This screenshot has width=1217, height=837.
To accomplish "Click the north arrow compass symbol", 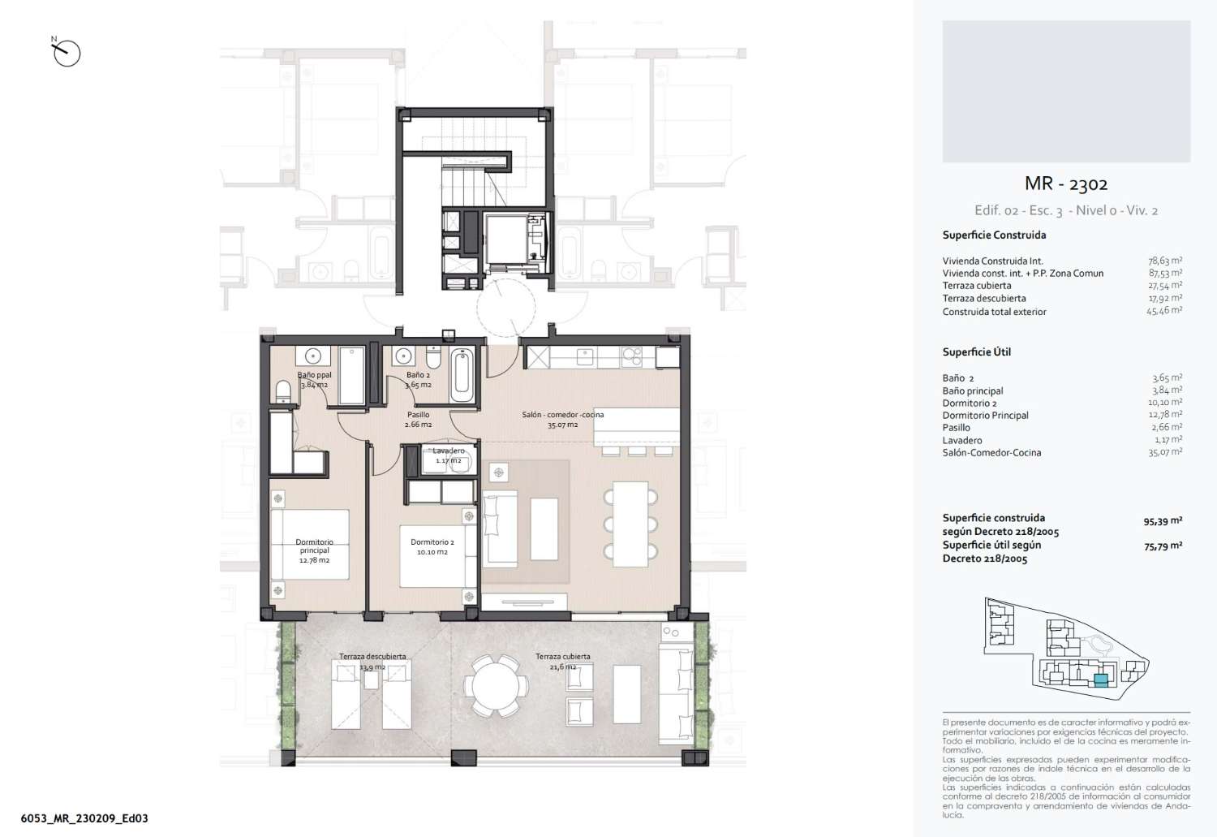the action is [x=67, y=53].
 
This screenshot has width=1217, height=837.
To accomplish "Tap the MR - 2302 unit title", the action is [x=1066, y=183].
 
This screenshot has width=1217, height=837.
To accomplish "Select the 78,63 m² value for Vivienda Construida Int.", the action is [x=1165, y=261].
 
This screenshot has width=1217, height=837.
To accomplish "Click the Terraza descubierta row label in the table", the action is [x=984, y=299].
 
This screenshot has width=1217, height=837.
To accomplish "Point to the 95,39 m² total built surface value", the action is [x=1163, y=521].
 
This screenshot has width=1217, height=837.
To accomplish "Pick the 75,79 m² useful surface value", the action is [x=1163, y=546].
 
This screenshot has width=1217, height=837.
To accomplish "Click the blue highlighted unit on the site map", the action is [x=1101, y=680].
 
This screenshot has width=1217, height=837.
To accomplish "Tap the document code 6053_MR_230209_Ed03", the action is [x=84, y=818].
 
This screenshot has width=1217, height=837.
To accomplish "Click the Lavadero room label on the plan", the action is [x=448, y=451].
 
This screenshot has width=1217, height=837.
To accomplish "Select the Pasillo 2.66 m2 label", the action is [x=419, y=420].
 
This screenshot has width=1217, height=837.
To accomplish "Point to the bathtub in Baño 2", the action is [x=462, y=374].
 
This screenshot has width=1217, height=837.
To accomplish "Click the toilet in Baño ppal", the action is [x=283, y=391].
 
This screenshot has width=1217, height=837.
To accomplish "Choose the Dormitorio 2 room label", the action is [x=432, y=541].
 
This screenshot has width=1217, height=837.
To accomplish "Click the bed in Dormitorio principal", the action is [x=310, y=544].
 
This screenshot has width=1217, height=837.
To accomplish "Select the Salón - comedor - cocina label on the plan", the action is [x=563, y=415].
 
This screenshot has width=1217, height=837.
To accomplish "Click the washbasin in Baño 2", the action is [x=402, y=356].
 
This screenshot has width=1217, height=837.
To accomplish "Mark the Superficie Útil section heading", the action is [x=976, y=352].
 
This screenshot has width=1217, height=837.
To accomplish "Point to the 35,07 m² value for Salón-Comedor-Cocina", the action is [x=1165, y=452].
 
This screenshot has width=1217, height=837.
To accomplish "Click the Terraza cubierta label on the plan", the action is [x=562, y=656].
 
